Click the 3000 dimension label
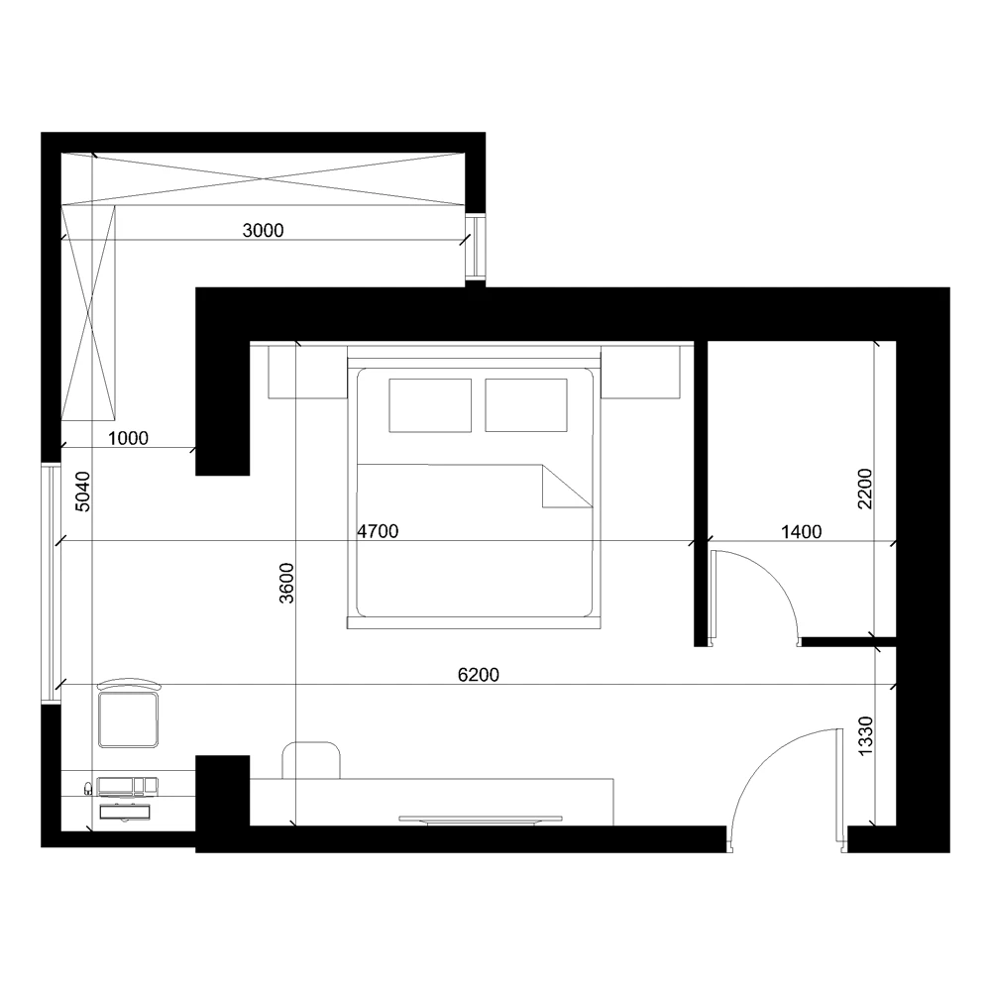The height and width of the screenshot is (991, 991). click(x=264, y=231)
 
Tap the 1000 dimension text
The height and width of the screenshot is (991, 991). click(x=128, y=438)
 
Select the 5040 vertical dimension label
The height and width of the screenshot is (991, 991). click(x=83, y=491)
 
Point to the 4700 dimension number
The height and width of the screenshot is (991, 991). click(x=378, y=531)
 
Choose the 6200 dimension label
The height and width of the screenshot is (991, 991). click(x=479, y=675)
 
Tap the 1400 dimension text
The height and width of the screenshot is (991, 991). click(x=801, y=531)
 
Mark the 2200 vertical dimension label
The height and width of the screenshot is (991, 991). click(x=865, y=489)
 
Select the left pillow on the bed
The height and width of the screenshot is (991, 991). click(x=430, y=405)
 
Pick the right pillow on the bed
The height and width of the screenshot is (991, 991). click(x=526, y=405)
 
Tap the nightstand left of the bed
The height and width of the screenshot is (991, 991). click(x=307, y=372)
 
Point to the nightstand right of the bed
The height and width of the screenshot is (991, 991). click(x=640, y=372)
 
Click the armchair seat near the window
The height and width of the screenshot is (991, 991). click(x=129, y=718)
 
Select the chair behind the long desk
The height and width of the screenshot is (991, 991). click(x=311, y=760)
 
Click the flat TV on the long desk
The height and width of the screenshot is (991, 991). click(x=480, y=819)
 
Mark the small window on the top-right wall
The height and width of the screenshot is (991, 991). click(x=477, y=248)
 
